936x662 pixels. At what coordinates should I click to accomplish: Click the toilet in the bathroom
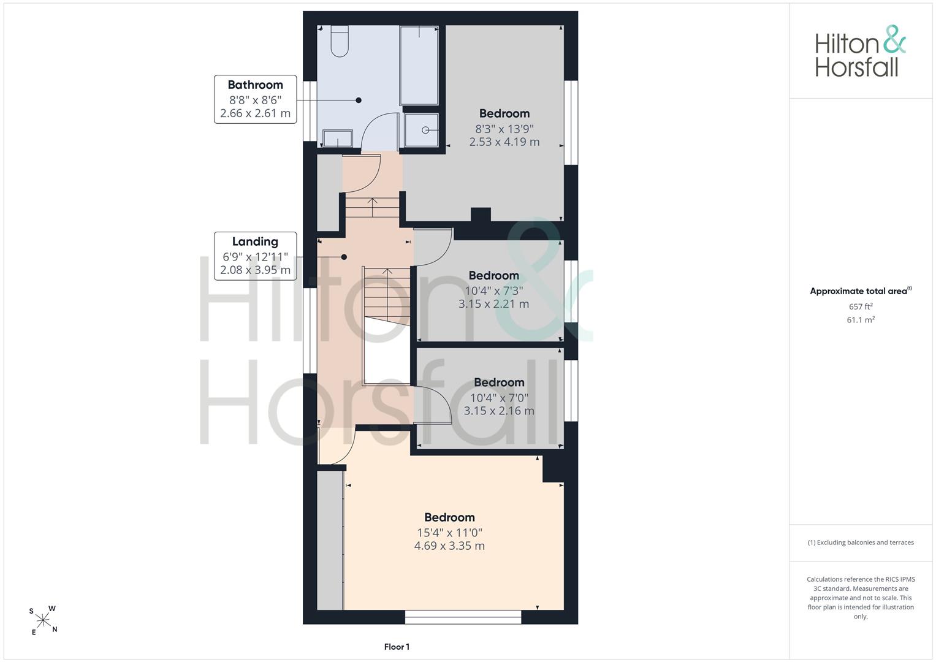click(x=340, y=40)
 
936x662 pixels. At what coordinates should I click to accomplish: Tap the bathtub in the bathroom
click(x=419, y=65)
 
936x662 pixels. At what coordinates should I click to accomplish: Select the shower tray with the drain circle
click(x=422, y=130)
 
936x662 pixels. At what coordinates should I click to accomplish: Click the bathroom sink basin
click(x=338, y=138)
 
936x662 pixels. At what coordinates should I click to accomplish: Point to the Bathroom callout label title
click(x=256, y=85)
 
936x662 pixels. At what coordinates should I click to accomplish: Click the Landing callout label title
click(x=256, y=242)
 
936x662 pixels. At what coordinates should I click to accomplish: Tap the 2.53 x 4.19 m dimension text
click(x=504, y=142)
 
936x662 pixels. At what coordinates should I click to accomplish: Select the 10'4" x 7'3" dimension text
click(x=494, y=291)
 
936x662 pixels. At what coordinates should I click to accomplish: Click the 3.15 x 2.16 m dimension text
click(x=499, y=411)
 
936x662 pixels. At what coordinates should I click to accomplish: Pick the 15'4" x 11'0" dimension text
click(x=450, y=533)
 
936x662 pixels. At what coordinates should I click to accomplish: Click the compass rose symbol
click(x=43, y=620)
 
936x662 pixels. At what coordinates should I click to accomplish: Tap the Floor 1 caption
click(x=397, y=647)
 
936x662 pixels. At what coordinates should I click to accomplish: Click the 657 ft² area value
click(x=861, y=306)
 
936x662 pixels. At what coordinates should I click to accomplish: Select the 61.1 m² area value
click(x=861, y=320)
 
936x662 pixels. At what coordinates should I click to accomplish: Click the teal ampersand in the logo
click(x=894, y=39)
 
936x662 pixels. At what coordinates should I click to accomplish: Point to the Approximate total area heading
click(x=861, y=291)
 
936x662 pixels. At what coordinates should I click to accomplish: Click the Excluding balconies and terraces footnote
click(x=861, y=542)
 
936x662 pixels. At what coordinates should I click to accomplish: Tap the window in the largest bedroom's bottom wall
click(x=463, y=617)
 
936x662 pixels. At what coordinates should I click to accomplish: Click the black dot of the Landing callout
click(x=344, y=257)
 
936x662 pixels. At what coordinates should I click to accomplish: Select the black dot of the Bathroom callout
click(x=359, y=101)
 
